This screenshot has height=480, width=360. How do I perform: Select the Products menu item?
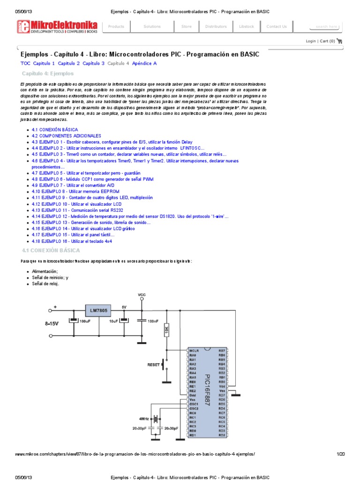point(116,27)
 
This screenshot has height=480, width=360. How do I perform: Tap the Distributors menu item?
point(216,27)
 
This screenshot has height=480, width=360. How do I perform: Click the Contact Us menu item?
point(277,27)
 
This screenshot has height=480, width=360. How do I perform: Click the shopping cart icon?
point(339,41)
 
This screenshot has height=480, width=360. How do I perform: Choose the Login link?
point(311,41)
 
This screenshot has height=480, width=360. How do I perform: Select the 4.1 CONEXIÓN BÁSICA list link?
point(55,129)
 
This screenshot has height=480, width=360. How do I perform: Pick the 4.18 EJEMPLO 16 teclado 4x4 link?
point(72,241)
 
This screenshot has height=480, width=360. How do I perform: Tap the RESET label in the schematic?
point(154,364)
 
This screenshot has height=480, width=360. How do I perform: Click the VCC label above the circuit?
point(142,295)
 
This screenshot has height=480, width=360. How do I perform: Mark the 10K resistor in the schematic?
point(166,331)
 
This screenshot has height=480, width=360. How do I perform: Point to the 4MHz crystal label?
point(144,418)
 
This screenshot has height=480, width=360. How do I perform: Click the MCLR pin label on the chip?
point(195,350)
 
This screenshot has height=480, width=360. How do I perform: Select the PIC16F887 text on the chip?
point(207,390)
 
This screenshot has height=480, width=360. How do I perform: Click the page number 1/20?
point(341,454)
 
